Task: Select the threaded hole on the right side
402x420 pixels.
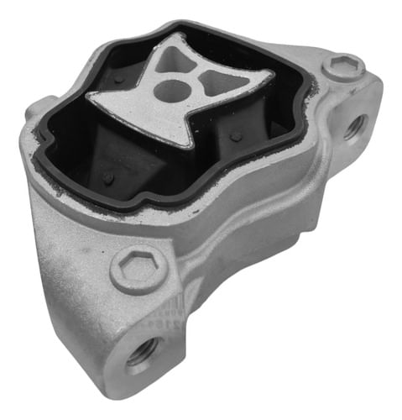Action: click(x=355, y=126)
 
